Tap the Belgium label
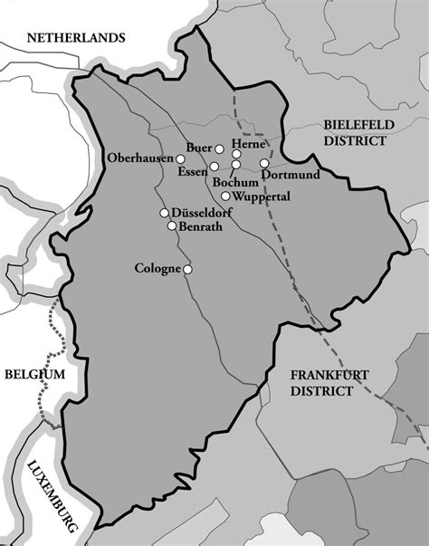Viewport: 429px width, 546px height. [34, 374]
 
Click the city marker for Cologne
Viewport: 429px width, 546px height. [188, 269]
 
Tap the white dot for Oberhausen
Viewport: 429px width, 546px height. [180, 158]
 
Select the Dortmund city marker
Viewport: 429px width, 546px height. [264, 164]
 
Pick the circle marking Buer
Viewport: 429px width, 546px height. [219, 148]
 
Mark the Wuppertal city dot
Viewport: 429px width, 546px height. [225, 196]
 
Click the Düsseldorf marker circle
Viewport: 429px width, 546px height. [164, 213]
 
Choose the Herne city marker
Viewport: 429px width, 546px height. [237, 154]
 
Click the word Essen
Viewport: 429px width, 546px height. [192, 171]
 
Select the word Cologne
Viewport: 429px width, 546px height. [157, 269]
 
